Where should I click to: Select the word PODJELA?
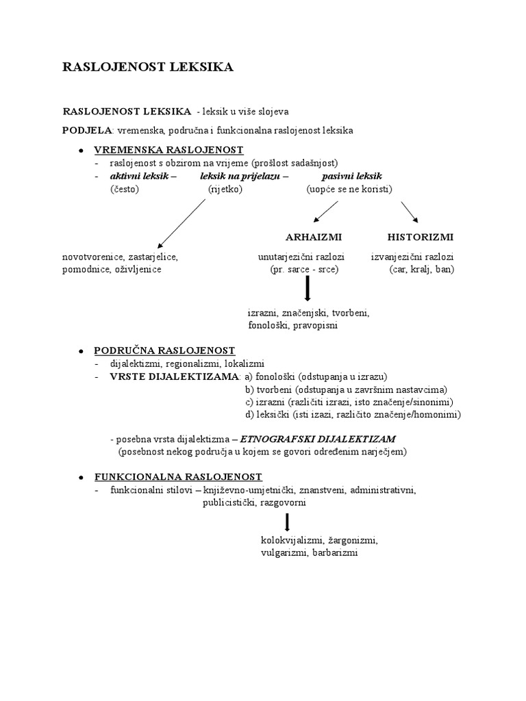[x=87, y=129]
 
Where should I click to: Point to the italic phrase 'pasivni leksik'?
[x=351, y=176]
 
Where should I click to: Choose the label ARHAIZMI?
[x=313, y=237]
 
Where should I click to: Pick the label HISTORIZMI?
[x=421, y=237]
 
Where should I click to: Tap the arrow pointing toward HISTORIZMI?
[x=410, y=212]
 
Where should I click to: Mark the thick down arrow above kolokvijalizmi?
[x=288, y=522]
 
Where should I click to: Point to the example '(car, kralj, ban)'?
[x=421, y=270]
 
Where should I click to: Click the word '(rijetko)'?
[x=225, y=189]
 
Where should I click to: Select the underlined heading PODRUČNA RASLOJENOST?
[x=164, y=350]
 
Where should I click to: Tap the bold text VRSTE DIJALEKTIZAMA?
[x=175, y=377]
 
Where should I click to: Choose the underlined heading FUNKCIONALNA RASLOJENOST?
[x=178, y=476]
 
